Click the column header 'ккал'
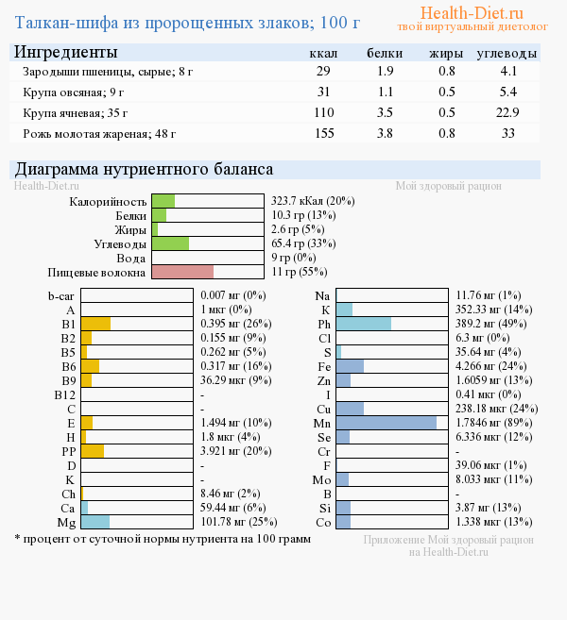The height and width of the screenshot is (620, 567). tap(324, 53)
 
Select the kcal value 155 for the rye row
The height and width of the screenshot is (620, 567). tap(324, 133)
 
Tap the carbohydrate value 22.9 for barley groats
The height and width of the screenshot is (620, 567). tap(508, 112)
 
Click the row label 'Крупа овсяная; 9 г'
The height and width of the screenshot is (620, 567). tap(74, 92)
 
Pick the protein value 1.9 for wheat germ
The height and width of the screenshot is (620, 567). tap(386, 71)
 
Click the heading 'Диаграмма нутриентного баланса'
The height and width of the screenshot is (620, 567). tap(156, 170)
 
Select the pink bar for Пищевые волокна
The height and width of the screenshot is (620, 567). tap(182, 272)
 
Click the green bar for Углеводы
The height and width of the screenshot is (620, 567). tap(170, 243)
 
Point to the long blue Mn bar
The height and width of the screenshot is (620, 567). tap(387, 423)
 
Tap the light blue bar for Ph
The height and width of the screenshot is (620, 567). tap(364, 324)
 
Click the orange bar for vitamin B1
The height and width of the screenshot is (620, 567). tap(95, 324)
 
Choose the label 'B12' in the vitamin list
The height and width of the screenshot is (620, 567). tap(64, 394)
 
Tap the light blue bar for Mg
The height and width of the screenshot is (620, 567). tap(95, 522)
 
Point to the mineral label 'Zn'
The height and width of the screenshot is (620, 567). tap(324, 380)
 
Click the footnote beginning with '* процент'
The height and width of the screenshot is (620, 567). tap(162, 539)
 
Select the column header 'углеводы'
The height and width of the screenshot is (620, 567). tap(507, 53)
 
